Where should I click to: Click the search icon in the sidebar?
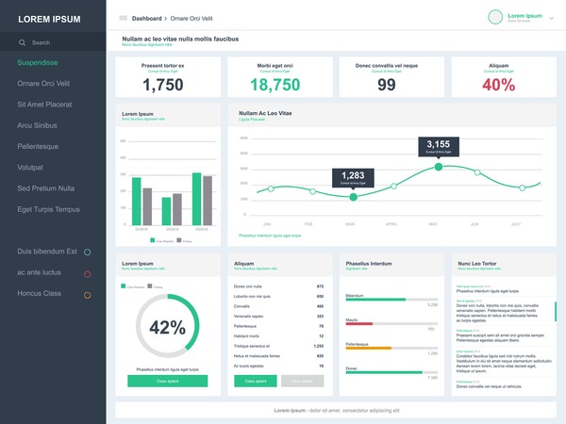point(23,42)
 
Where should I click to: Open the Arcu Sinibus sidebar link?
point(37,125)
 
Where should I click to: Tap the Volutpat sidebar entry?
point(30,167)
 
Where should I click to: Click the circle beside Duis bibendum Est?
point(88,253)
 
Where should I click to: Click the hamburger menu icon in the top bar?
point(123,18)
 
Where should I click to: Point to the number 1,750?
point(162,84)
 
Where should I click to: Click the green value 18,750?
point(275,84)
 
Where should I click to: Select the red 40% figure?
point(498,84)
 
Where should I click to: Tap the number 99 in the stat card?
point(387,84)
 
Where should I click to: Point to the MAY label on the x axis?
point(434,224)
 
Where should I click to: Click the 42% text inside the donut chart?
point(167,328)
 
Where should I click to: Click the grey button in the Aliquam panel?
point(302,381)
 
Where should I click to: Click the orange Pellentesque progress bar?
point(369,348)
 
